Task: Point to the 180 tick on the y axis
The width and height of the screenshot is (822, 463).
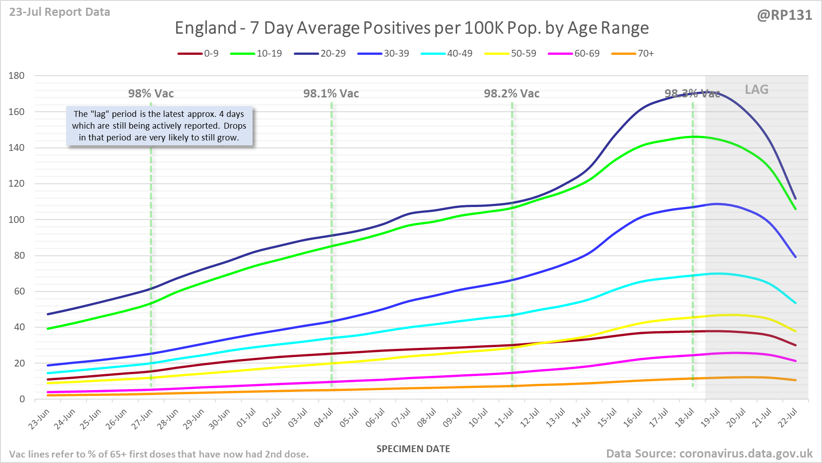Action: (x=16, y=76)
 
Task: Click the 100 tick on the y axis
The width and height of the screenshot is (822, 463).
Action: (x=16, y=219)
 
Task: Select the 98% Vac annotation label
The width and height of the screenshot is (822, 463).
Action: (x=151, y=94)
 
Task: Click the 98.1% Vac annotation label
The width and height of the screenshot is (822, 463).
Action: (x=331, y=94)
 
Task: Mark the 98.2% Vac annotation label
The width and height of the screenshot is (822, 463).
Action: (x=511, y=94)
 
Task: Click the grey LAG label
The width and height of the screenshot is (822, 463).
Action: (x=756, y=90)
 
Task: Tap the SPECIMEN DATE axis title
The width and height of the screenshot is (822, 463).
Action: (x=413, y=449)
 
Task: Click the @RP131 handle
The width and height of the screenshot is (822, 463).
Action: (x=784, y=15)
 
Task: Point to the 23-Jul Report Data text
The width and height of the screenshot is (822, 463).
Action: (x=60, y=12)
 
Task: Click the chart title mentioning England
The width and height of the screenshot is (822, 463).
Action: (x=411, y=28)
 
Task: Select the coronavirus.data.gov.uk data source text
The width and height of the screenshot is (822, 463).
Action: (x=709, y=453)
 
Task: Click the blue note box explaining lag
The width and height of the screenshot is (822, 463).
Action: (x=159, y=126)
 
